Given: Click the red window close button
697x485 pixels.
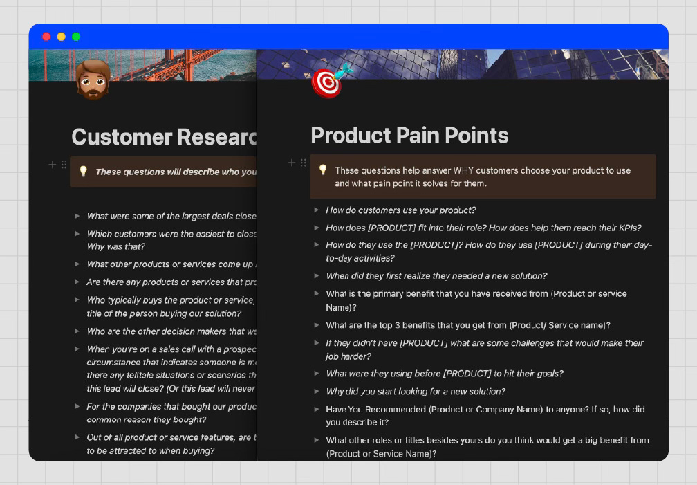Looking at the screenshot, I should click(x=46, y=37).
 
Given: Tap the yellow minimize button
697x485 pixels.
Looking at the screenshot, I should click(x=61, y=37).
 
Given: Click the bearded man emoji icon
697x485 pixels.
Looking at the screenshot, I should click(x=93, y=79).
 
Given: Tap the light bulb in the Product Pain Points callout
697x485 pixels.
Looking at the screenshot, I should click(x=322, y=170).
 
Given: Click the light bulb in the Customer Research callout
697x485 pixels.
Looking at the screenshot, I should click(x=83, y=172).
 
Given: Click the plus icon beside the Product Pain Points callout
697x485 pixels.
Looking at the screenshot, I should click(x=292, y=163).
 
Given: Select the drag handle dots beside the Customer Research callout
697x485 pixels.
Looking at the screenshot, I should click(x=64, y=165).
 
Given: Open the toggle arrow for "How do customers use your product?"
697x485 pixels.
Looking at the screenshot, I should click(x=316, y=210).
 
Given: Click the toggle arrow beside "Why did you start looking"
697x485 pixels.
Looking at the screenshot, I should click(x=316, y=391).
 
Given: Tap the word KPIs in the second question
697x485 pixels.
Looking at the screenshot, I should click(x=628, y=228).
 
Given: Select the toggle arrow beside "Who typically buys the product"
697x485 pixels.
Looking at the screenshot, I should click(x=77, y=300).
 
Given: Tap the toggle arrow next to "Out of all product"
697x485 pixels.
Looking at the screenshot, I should click(x=77, y=437).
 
